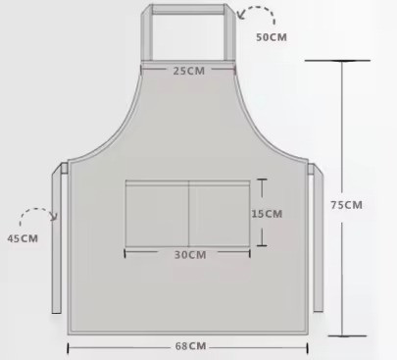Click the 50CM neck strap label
[x=272, y=37]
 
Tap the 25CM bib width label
[x=189, y=71]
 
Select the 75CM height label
[x=347, y=205]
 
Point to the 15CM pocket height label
[x=267, y=214]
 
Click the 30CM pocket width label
[x=190, y=255]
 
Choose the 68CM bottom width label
[x=191, y=346]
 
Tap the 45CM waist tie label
[x=23, y=238]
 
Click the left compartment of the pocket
[x=157, y=213]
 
